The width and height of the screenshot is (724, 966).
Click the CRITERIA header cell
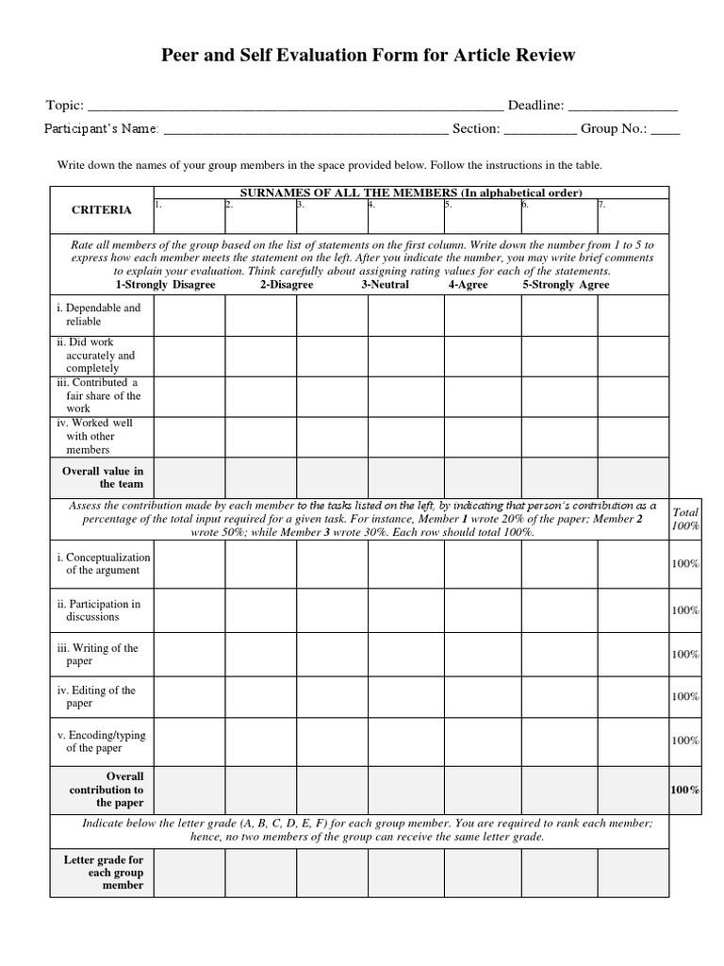coord(102,209)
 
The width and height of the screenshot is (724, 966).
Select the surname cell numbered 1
coord(189,215)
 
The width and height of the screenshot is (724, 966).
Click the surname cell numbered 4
coord(405,215)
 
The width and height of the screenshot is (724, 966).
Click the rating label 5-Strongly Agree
coord(566,284)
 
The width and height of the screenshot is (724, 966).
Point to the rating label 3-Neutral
coord(385,284)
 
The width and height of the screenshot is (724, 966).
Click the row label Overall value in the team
coord(103,476)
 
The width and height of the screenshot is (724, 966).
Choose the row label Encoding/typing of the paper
coord(102,741)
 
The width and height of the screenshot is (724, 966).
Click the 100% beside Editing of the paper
coord(684,696)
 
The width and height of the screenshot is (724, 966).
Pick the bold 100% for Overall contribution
coord(684,790)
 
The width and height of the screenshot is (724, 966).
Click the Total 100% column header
coord(684,518)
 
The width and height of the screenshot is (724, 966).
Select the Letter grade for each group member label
coord(103,872)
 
